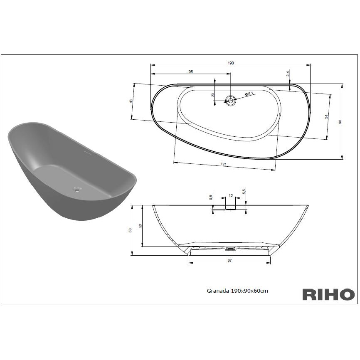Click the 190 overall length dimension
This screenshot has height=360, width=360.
coord(231,63)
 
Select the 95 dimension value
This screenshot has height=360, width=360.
coord(190,72)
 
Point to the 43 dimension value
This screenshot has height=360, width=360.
coord(131,101)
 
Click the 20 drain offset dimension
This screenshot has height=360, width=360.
coord(213,95)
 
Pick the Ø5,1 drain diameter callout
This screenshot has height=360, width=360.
coord(249,94)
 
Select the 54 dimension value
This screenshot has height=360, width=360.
coord(326,117)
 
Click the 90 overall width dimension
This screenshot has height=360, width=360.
coord(340,121)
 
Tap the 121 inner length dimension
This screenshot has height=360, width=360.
coord(224,164)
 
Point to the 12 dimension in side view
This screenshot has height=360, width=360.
coord(231,196)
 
